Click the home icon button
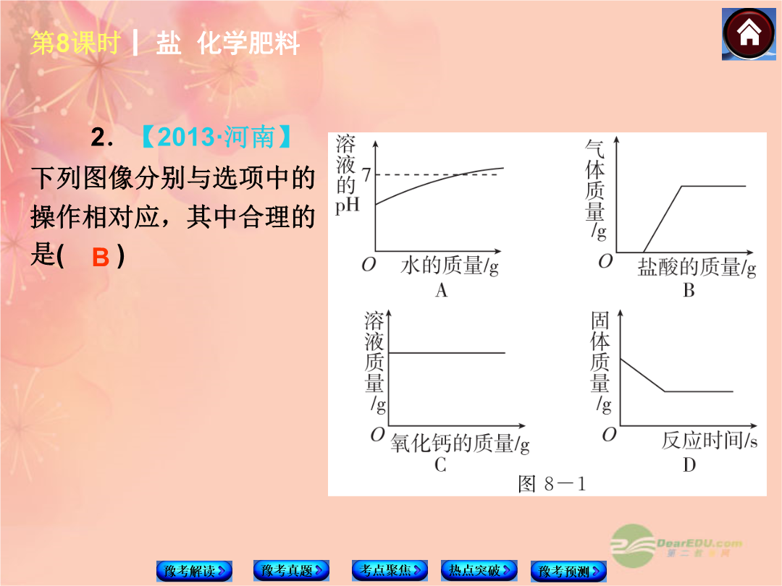pos(749,35)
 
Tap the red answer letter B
pos(101,258)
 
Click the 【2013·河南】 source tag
pos(216,137)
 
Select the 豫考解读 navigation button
pos(194,571)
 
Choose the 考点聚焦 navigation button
pos(390,569)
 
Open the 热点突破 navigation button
pos(479,569)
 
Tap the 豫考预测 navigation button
pos(568,571)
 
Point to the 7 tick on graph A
pos(366,175)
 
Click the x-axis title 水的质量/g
pos(450,266)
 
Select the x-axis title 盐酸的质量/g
pos(697,267)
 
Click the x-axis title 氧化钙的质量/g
pos(459,443)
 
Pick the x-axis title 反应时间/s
pos(709,440)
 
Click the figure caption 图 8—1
pos(552,483)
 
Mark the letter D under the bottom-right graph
pos(689,465)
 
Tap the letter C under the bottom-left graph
pos(440,465)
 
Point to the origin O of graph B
pos(605,260)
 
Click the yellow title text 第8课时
pos(75,43)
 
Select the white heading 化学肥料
pos(248,43)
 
